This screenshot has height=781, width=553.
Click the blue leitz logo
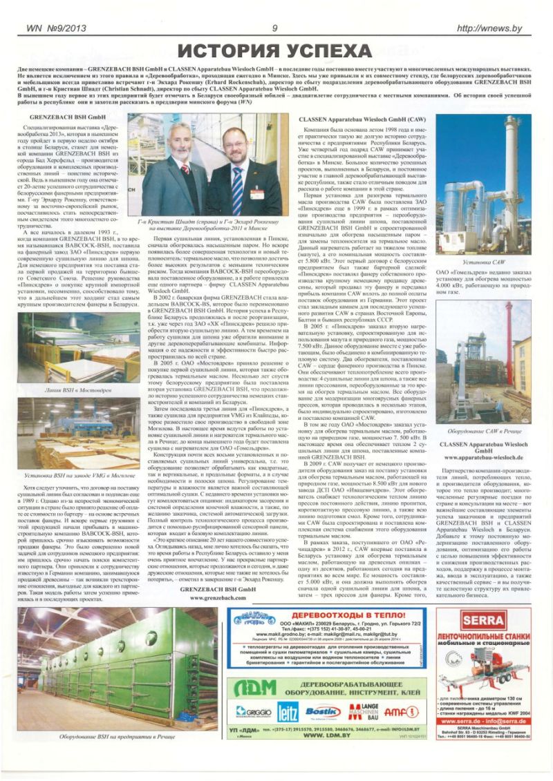coord(288,711)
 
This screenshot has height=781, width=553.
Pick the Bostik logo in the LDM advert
coord(323,711)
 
